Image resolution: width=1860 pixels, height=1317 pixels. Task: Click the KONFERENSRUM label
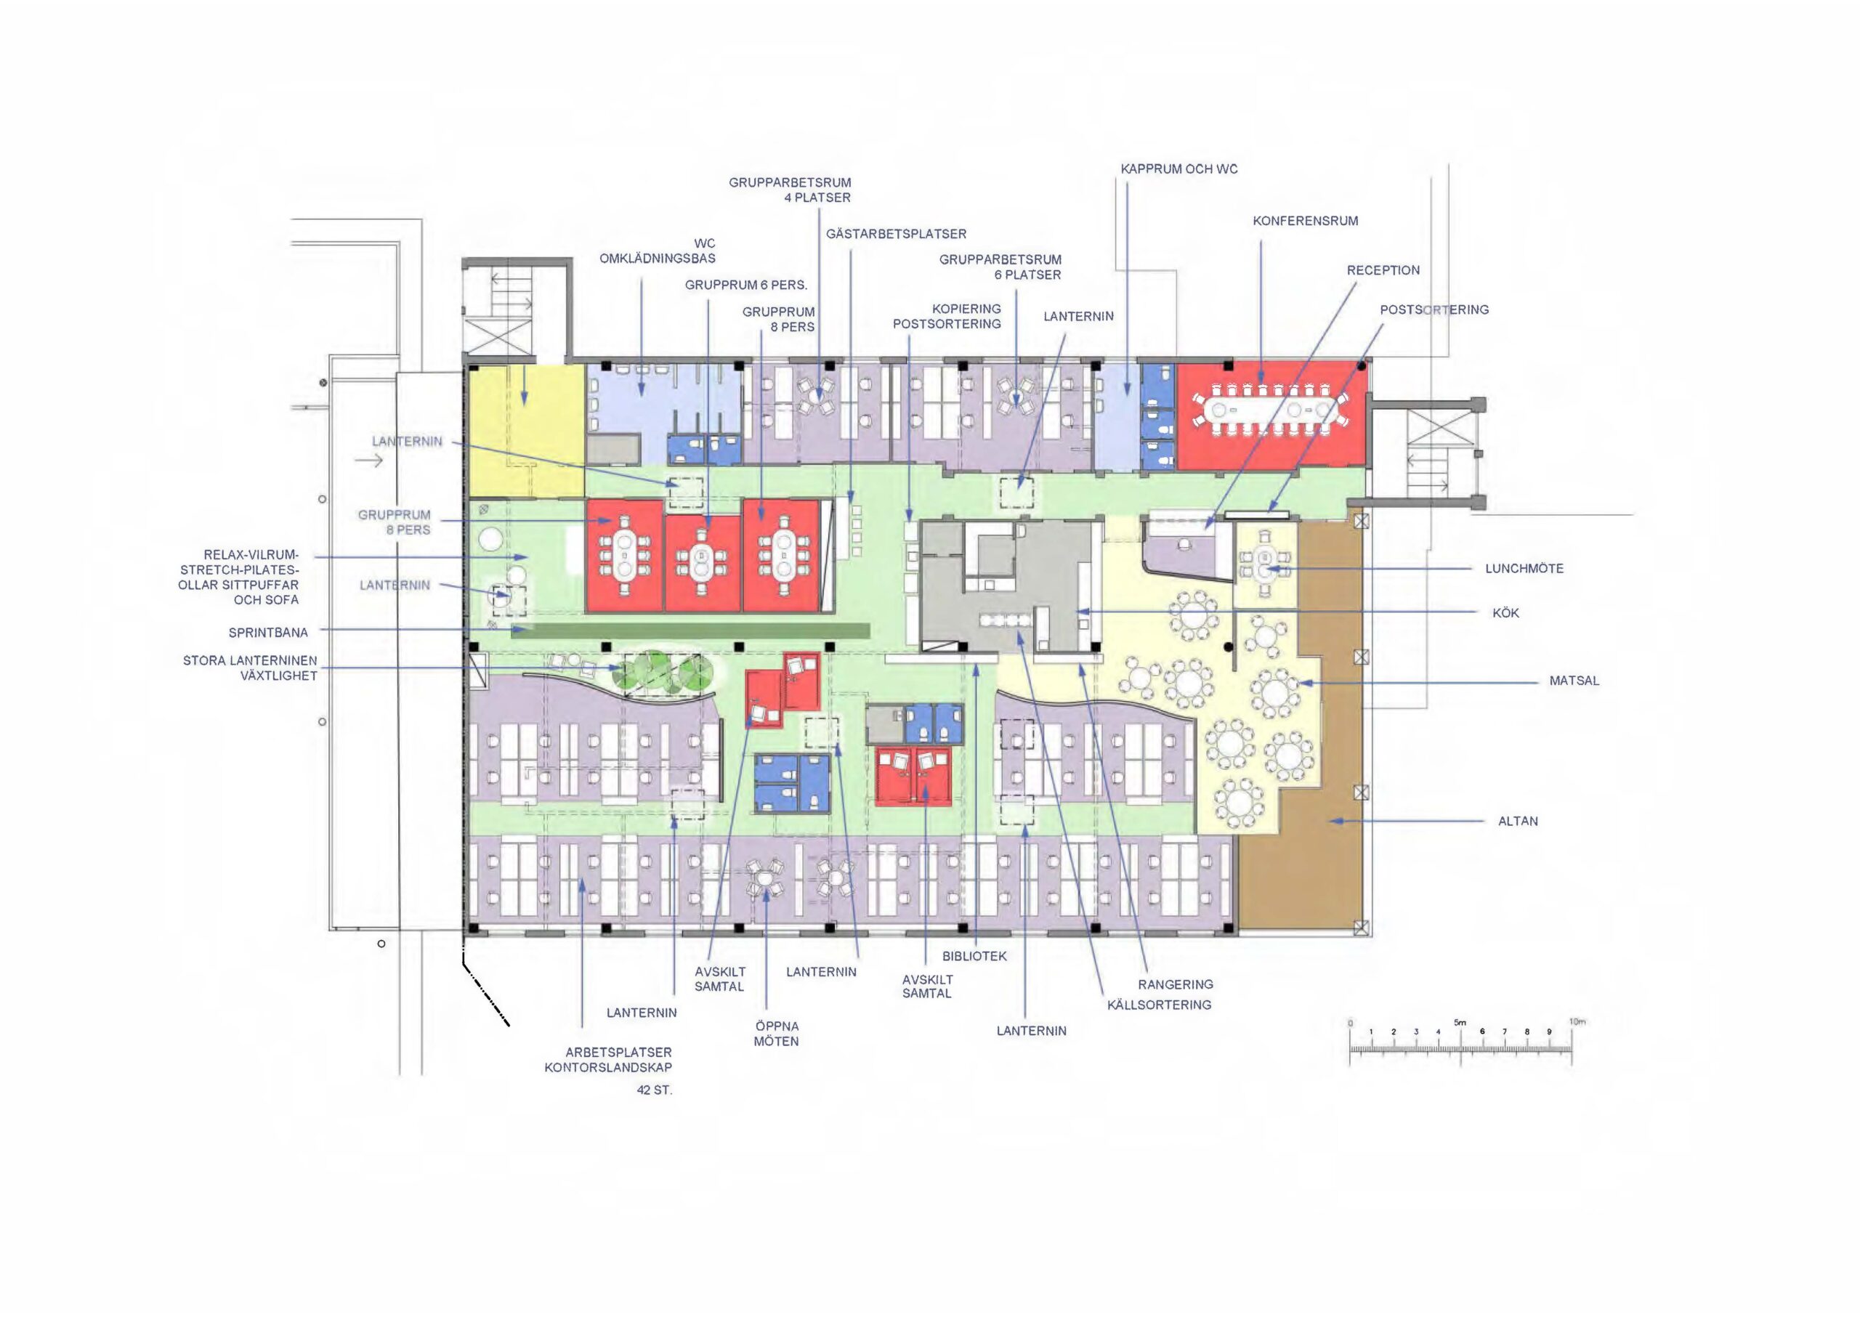point(1304,221)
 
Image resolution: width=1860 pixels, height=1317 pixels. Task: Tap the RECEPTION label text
point(1383,270)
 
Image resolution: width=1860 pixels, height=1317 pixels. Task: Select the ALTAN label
point(1518,821)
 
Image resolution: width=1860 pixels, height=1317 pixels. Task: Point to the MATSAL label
point(1574,681)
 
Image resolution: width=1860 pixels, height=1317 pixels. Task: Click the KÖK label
point(1505,613)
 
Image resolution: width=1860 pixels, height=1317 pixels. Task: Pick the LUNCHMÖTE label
point(1524,569)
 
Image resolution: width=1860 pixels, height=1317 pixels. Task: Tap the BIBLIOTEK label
point(974,956)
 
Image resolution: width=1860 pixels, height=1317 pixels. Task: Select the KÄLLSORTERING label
point(1159,1005)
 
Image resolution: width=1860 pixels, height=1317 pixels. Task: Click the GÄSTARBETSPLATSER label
point(897,234)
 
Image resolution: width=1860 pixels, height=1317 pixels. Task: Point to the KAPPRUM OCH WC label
point(1178,169)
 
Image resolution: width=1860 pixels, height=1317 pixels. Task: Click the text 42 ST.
point(654,1090)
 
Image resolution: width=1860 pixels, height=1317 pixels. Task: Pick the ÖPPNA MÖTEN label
point(775,1034)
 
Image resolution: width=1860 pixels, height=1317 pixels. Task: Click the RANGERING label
point(1176,984)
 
